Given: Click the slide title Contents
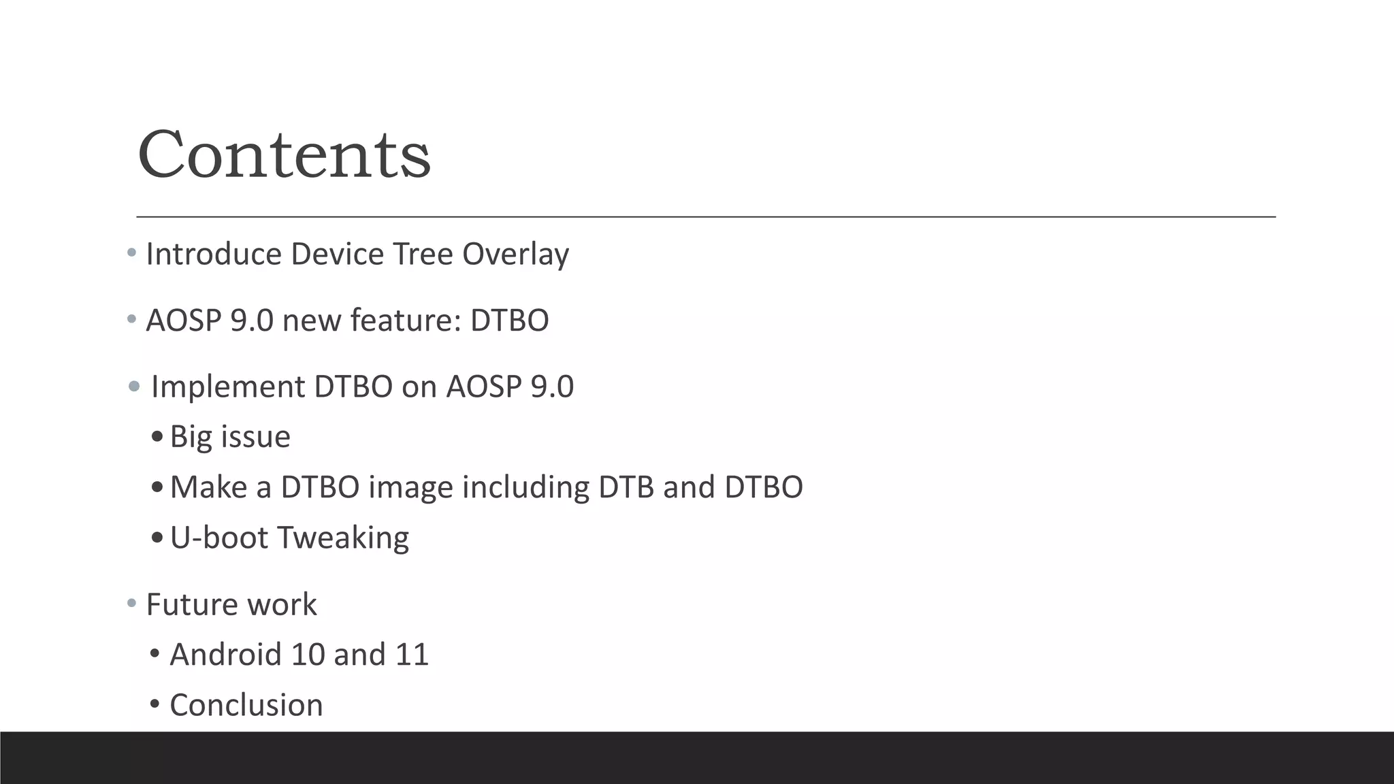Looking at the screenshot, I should tap(284, 155).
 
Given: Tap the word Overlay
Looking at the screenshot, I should tap(515, 255).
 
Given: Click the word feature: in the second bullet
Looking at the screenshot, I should tap(406, 321).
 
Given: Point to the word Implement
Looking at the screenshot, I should tap(227, 387).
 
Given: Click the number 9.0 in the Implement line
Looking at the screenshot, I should tap(552, 387).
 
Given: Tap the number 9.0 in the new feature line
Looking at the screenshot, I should tap(251, 321).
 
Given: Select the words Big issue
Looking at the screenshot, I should tap(230, 437).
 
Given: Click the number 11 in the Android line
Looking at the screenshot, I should tap(411, 655).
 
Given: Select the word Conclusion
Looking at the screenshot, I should tap(246, 705).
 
